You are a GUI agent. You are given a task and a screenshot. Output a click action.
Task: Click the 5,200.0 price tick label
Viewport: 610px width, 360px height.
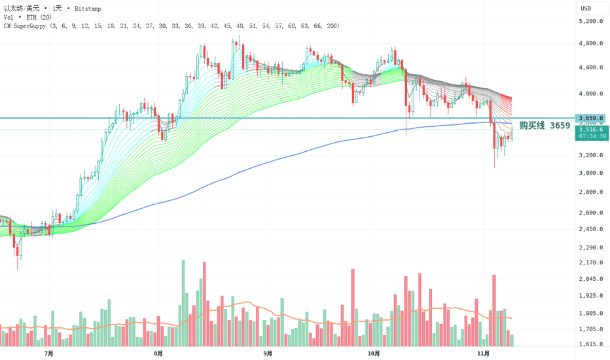click(x=590, y=21)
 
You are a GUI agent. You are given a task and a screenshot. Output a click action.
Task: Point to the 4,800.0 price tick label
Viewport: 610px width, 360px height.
click(x=590, y=44)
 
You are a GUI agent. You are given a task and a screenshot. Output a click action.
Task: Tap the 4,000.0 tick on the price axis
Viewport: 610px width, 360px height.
click(x=590, y=94)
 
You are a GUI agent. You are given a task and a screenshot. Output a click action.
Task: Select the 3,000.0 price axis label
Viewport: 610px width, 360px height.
click(x=590, y=173)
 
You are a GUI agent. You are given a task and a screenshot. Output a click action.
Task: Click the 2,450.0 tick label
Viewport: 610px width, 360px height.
click(x=590, y=229)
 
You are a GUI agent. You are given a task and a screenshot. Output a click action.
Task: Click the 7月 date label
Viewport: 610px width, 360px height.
click(x=49, y=353)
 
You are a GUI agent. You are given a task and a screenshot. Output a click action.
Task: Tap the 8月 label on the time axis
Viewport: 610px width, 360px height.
click(x=158, y=353)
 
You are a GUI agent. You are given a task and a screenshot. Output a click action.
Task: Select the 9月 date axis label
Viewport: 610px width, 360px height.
click(x=267, y=353)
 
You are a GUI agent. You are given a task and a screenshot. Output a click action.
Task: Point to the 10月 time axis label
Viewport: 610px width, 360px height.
click(x=374, y=353)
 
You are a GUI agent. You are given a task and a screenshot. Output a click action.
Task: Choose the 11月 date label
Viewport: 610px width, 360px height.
click(x=482, y=353)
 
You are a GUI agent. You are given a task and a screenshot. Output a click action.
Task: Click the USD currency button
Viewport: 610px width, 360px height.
click(x=586, y=9)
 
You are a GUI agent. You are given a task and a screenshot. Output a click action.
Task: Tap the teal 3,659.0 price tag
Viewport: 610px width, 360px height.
click(x=590, y=118)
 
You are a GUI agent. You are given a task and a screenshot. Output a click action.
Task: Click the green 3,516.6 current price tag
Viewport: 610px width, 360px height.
click(x=590, y=130)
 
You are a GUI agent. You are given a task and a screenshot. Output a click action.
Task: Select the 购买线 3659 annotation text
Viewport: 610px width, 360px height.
click(x=545, y=125)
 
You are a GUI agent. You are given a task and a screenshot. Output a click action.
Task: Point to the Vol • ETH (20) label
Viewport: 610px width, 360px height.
click(x=26, y=17)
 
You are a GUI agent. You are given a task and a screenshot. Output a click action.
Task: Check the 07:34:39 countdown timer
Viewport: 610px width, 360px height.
click(x=590, y=136)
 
